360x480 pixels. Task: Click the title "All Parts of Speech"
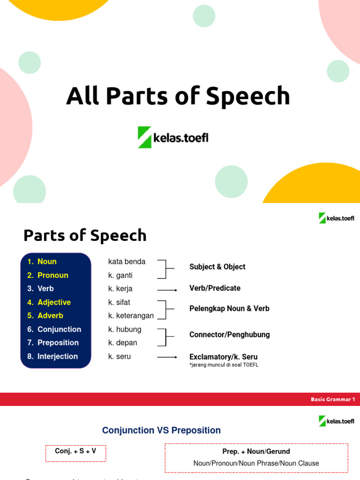178,96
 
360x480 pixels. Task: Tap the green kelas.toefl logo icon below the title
144,137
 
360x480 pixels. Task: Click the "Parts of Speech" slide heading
85,235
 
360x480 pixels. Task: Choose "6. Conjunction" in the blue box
54,330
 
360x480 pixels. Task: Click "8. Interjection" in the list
52,356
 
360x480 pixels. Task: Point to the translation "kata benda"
127,262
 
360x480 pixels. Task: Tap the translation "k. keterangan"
131,316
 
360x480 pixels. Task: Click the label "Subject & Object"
217,267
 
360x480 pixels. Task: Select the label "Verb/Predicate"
215,288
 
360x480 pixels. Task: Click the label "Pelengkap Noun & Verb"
229,309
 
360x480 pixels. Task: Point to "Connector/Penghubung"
229,335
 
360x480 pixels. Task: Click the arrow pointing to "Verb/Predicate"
167,289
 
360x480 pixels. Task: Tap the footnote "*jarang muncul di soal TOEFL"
224,365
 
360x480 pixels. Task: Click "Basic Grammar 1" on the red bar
333,399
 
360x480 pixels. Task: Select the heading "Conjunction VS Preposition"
161,430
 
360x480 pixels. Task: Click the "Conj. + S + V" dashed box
75,451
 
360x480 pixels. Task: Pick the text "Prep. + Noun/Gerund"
256,451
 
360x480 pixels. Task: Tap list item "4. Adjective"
49,302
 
